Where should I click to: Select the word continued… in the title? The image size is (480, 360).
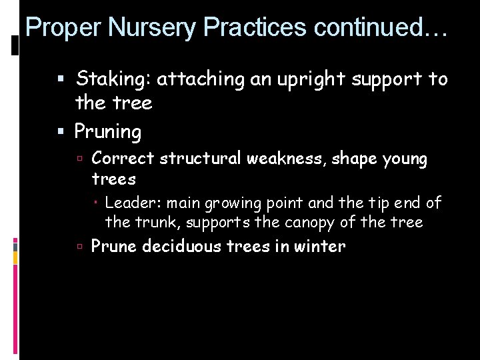coord(377,27)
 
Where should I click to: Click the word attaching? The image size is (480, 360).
coord(203,79)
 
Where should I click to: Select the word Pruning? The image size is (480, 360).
coord(108,132)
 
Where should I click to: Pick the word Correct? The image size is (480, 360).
coord(123,159)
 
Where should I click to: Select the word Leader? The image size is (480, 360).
coord(132,203)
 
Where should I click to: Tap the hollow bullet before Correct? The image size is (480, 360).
coord(79,159)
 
